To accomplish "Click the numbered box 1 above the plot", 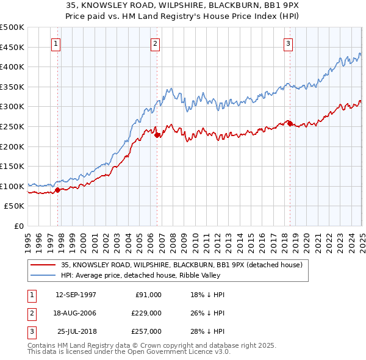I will (x=56, y=43).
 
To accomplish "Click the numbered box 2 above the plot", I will (x=155, y=43).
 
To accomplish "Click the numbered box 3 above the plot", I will (x=287, y=43).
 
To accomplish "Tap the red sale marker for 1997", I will (x=57, y=190).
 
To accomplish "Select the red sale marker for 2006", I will (x=157, y=135).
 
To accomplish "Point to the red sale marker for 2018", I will (x=290, y=124).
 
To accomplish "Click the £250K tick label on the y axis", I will (x=13, y=126).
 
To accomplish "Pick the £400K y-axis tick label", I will (x=13, y=67).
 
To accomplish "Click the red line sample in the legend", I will (x=43, y=265).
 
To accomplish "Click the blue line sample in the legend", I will (x=43, y=275).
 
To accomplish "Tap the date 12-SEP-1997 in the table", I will (x=76, y=294).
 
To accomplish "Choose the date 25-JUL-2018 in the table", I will (x=77, y=331).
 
